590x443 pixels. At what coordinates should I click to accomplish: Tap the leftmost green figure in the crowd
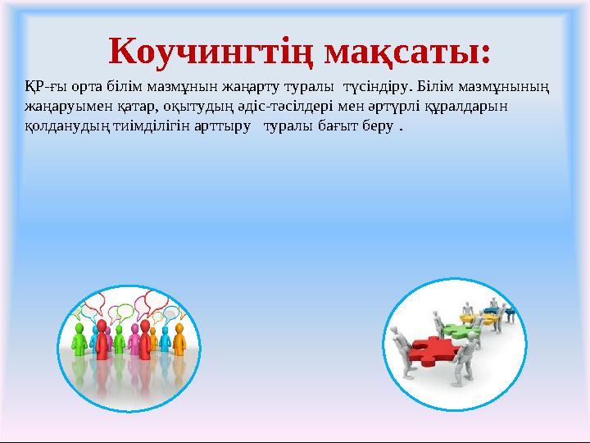[80, 340]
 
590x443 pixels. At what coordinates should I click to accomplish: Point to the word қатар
[118, 107]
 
